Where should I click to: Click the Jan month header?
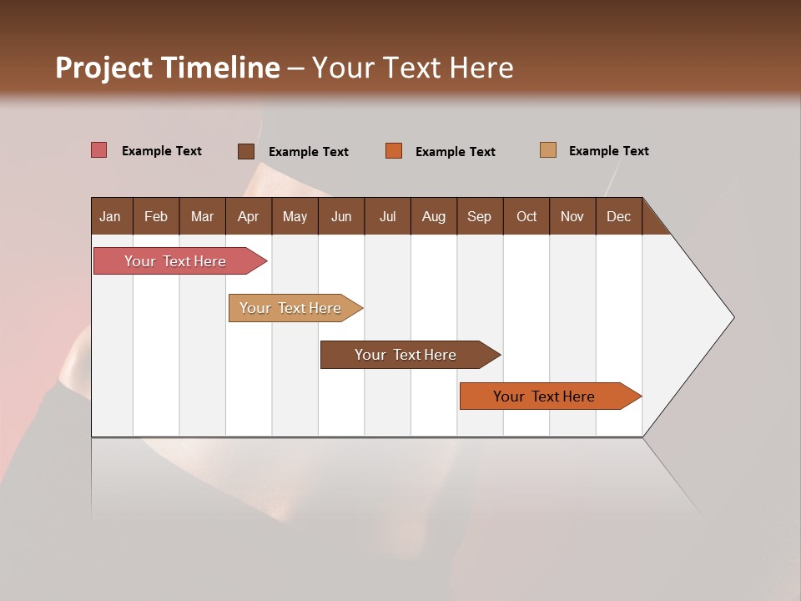tap(110, 216)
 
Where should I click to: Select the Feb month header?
tap(156, 216)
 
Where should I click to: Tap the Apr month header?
tap(248, 216)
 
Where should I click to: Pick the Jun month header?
tap(341, 216)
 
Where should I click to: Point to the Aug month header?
tap(433, 216)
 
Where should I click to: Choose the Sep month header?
tap(479, 216)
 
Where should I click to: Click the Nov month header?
tap(572, 216)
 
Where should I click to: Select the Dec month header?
tap(618, 216)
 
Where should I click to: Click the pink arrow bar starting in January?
tap(175, 261)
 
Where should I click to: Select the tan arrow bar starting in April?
tap(290, 308)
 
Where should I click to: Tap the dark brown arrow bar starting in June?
tap(406, 355)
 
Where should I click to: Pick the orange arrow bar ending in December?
tap(544, 396)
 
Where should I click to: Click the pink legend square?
tap(99, 150)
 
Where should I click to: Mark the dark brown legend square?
tap(246, 151)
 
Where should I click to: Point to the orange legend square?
tap(394, 151)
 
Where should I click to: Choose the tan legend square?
tap(548, 150)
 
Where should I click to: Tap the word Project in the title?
tap(104, 68)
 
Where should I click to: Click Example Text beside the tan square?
tap(608, 150)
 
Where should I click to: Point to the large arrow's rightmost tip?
tap(733, 317)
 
